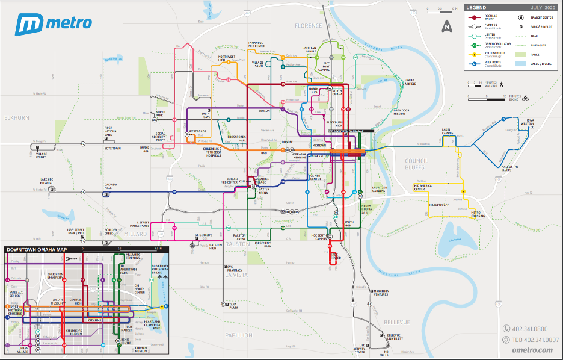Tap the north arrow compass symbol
(x=446, y=26)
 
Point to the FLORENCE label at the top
(x=309, y=26)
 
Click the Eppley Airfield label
(x=410, y=82)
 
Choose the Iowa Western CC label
(x=530, y=123)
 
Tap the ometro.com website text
(x=532, y=350)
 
